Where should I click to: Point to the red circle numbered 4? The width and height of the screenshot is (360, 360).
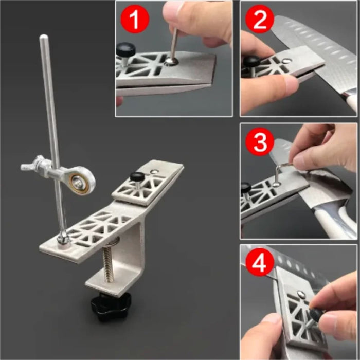(259, 263)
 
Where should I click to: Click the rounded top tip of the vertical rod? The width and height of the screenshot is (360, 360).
(44, 38)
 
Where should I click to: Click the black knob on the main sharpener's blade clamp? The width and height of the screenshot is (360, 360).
(137, 177)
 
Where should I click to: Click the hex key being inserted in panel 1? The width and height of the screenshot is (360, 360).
(174, 44)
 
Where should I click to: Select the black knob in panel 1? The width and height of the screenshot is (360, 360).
(125, 50)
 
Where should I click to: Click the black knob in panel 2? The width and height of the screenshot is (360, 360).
(251, 62)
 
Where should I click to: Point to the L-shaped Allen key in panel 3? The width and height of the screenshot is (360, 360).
(280, 170)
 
